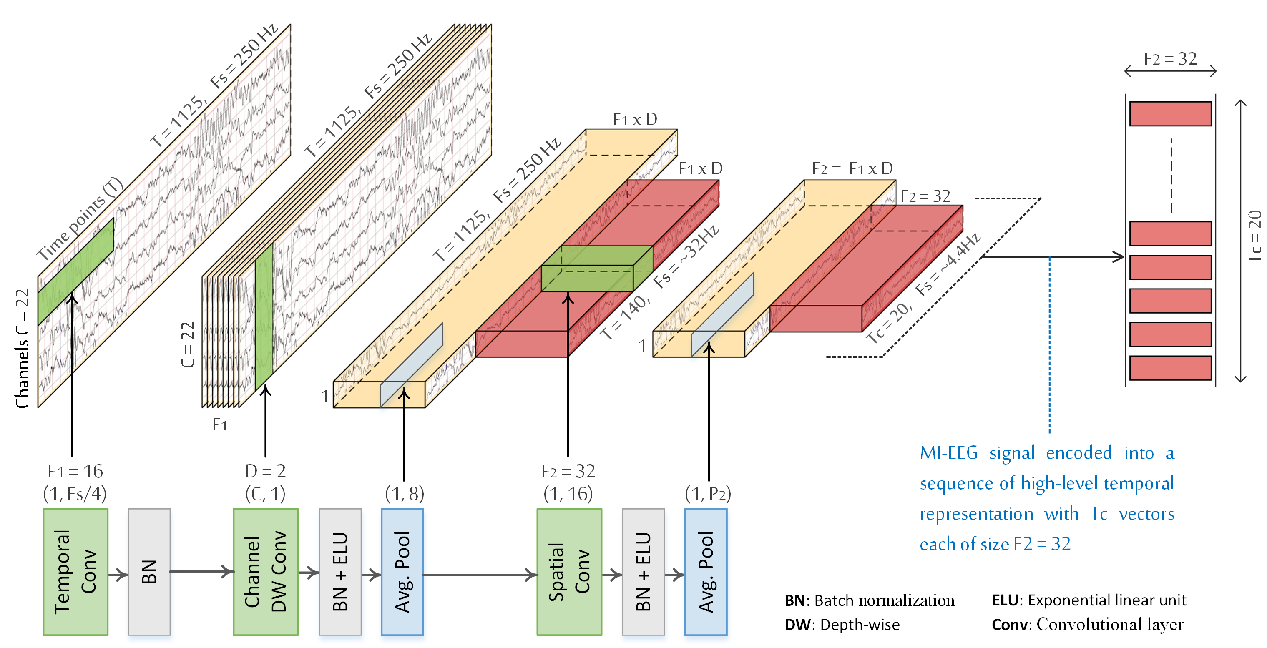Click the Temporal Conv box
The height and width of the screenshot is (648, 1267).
coord(75,571)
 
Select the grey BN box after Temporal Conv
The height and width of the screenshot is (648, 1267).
coord(149,571)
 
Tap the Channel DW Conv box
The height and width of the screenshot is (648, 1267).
coord(266,571)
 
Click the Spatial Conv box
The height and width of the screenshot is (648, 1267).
coord(569,571)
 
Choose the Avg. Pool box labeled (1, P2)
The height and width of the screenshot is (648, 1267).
coord(706,571)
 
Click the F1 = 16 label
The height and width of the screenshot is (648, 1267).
coord(75,471)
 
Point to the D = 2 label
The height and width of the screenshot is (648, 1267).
coord(266,471)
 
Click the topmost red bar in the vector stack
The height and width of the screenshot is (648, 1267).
coord(1170,113)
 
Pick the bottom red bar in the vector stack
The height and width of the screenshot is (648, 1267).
coord(1170,368)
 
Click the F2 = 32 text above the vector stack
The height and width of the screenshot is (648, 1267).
coord(1170,59)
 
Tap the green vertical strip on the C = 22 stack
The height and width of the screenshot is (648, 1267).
coord(264,317)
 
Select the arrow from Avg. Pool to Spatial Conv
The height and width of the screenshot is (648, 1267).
coord(480,574)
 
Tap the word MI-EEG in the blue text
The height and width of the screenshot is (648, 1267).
coord(949,453)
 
